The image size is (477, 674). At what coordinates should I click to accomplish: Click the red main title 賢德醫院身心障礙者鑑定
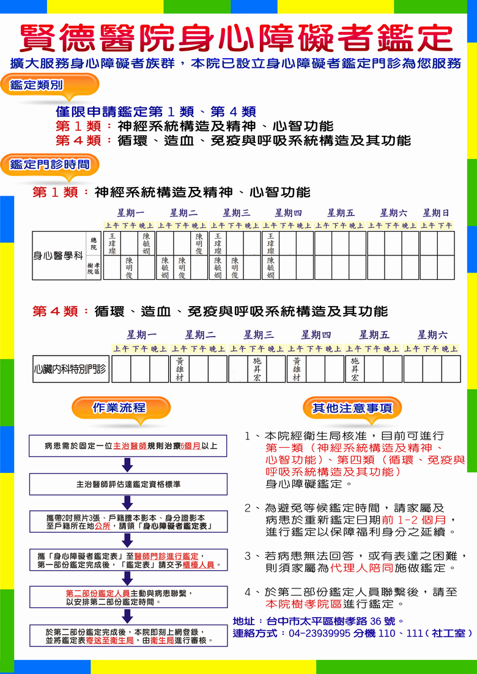point(236,38)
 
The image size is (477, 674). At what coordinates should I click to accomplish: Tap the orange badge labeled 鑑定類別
point(37,85)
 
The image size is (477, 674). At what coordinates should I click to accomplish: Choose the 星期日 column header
point(436,213)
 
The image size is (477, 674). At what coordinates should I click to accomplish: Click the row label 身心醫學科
point(57,255)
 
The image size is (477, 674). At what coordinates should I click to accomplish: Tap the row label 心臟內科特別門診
point(70,369)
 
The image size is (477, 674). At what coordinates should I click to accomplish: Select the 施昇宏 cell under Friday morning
point(355,369)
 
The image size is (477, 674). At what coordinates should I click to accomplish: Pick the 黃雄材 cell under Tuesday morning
point(180,369)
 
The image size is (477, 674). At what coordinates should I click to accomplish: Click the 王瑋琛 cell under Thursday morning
point(270,243)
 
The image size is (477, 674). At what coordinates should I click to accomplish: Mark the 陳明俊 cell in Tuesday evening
point(199,243)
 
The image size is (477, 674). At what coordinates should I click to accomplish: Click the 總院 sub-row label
point(94,243)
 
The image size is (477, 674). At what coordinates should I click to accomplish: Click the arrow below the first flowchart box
point(127,465)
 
